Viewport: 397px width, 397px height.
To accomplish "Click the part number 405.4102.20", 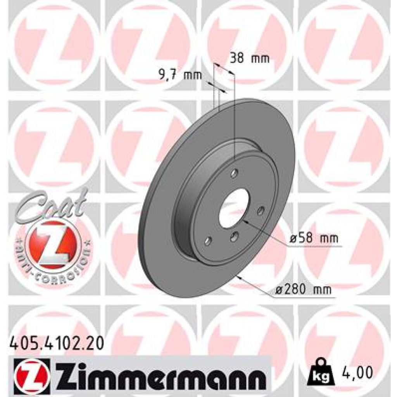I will [x=56, y=343].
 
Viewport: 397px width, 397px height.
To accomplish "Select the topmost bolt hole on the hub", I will [x=234, y=173].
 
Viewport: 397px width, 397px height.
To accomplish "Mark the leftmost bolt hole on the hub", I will [x=208, y=241].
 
